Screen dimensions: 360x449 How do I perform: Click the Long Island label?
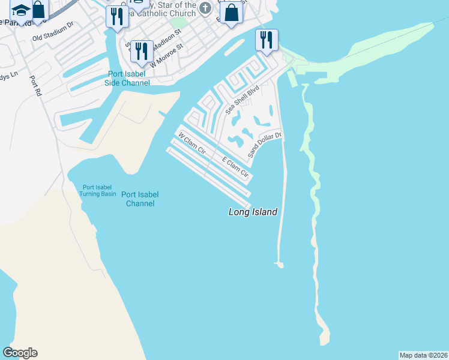click(x=253, y=212)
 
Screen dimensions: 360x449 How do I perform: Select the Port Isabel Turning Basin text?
click(x=98, y=190)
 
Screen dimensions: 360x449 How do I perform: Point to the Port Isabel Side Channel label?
click(x=127, y=78)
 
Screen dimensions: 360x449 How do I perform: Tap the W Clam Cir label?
click(x=192, y=143)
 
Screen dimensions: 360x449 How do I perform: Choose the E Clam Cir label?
click(x=235, y=167)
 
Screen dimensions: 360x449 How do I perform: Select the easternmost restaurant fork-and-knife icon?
click(x=265, y=40)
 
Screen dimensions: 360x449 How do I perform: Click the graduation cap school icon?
click(x=22, y=11)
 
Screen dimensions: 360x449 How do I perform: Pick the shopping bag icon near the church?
click(x=231, y=13)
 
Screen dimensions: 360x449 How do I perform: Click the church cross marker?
click(x=206, y=8)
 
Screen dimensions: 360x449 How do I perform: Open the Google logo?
click(x=20, y=353)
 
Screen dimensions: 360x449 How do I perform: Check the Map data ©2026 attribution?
click(x=423, y=355)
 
